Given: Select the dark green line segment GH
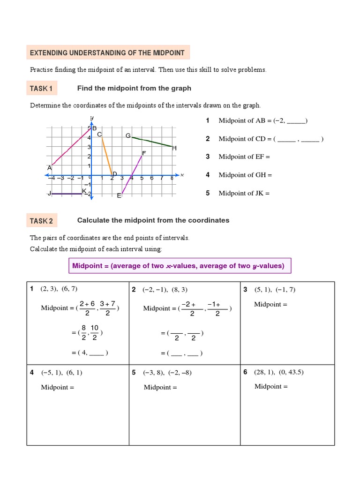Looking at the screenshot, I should point(152,142).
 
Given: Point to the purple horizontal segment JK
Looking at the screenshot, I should point(67,194).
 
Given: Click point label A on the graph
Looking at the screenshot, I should point(49,167).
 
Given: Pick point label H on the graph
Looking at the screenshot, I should point(174,148).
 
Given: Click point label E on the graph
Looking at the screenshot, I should point(119,195).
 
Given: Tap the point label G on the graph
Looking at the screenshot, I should point(128,135).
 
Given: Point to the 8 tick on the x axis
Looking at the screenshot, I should point(172,178).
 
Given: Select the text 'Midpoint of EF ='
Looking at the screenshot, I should point(244,157).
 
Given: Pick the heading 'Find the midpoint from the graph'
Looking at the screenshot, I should point(134,88).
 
